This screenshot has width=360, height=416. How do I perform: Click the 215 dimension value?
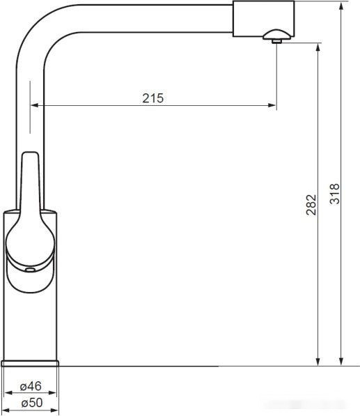pos(152,98)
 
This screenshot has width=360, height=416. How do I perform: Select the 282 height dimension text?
pos(311,204)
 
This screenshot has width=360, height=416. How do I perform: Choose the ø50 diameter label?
pos(31,403)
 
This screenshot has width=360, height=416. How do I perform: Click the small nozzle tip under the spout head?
pos(276,41)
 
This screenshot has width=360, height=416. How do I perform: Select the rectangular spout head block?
pos(263,19)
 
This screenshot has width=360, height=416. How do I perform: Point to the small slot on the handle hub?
pos(29,268)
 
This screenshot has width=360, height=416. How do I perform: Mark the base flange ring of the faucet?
pos(31,363)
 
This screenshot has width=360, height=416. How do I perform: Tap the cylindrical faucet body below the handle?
pos(31,321)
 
